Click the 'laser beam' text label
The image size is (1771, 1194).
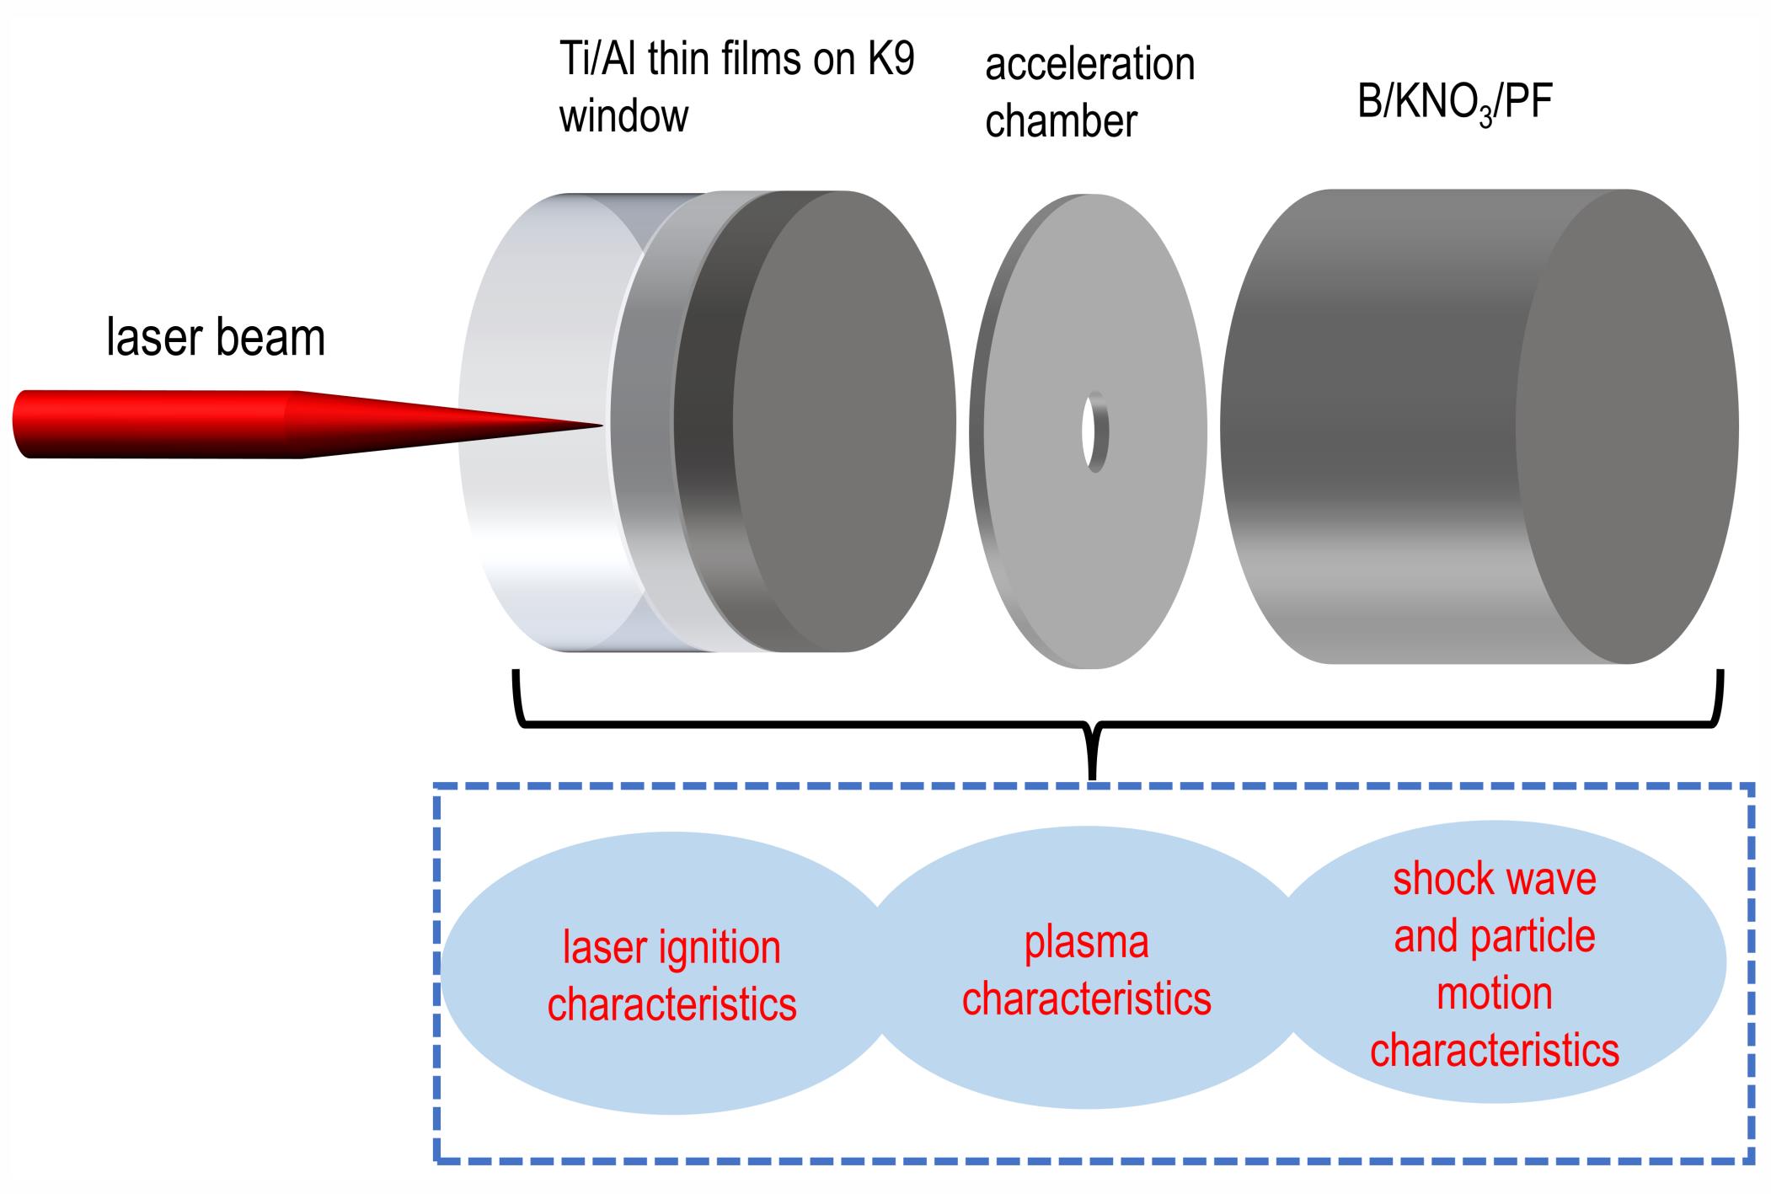(x=216, y=337)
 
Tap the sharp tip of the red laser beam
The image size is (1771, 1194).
(x=603, y=426)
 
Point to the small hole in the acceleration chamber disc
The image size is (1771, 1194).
(x=1095, y=431)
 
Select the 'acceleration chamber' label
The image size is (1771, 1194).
(x=1089, y=93)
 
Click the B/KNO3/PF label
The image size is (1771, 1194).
(x=1455, y=106)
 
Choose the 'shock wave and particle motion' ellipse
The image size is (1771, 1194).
(x=1495, y=963)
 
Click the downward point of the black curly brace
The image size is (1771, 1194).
(x=1093, y=777)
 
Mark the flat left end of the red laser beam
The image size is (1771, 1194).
(x=20, y=424)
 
